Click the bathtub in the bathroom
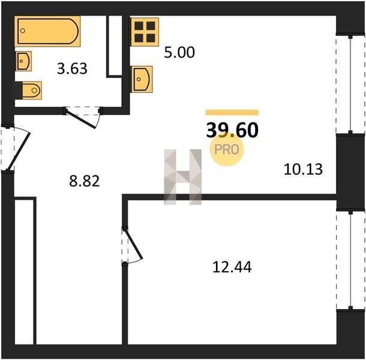coord(47,31)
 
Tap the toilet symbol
coord(32,91)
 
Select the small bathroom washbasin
coord(23,61)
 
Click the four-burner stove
coord(145,32)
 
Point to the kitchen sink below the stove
coord(142,79)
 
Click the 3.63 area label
coord(72,68)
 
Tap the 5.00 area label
coord(179,52)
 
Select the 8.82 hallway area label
coord(85,181)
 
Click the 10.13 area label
coord(303,169)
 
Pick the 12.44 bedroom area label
coord(232,267)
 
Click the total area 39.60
coord(232,130)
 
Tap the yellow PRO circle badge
coord(227,149)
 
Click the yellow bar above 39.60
coord(232,113)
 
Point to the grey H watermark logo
coord(183,177)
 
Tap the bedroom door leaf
coord(134,244)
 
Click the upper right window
coord(350,84)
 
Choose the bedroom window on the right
coord(350,261)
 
